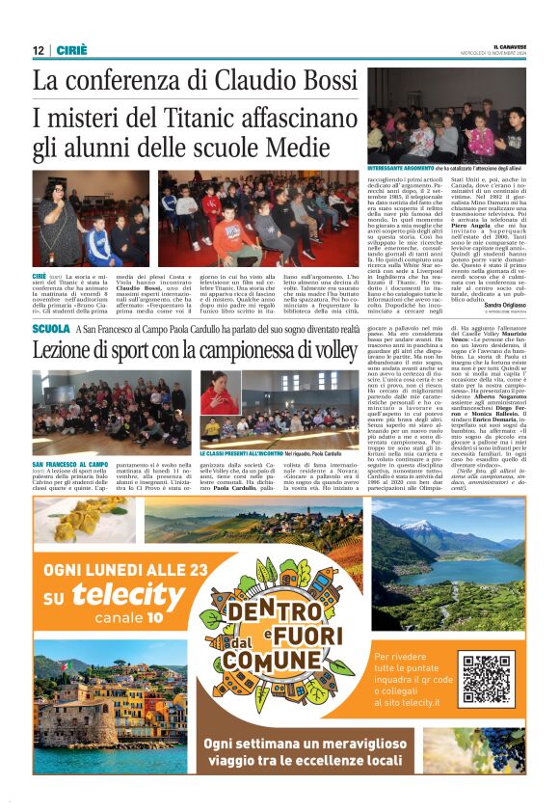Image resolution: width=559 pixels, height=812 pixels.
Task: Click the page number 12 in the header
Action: [39, 50]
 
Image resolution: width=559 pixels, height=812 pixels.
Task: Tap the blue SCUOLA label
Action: [50, 330]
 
